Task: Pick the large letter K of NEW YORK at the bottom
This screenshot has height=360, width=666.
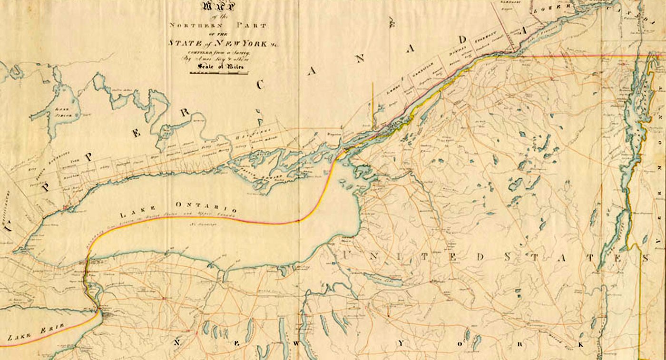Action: [x=581, y=344]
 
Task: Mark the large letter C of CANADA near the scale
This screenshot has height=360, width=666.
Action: [x=260, y=85]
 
